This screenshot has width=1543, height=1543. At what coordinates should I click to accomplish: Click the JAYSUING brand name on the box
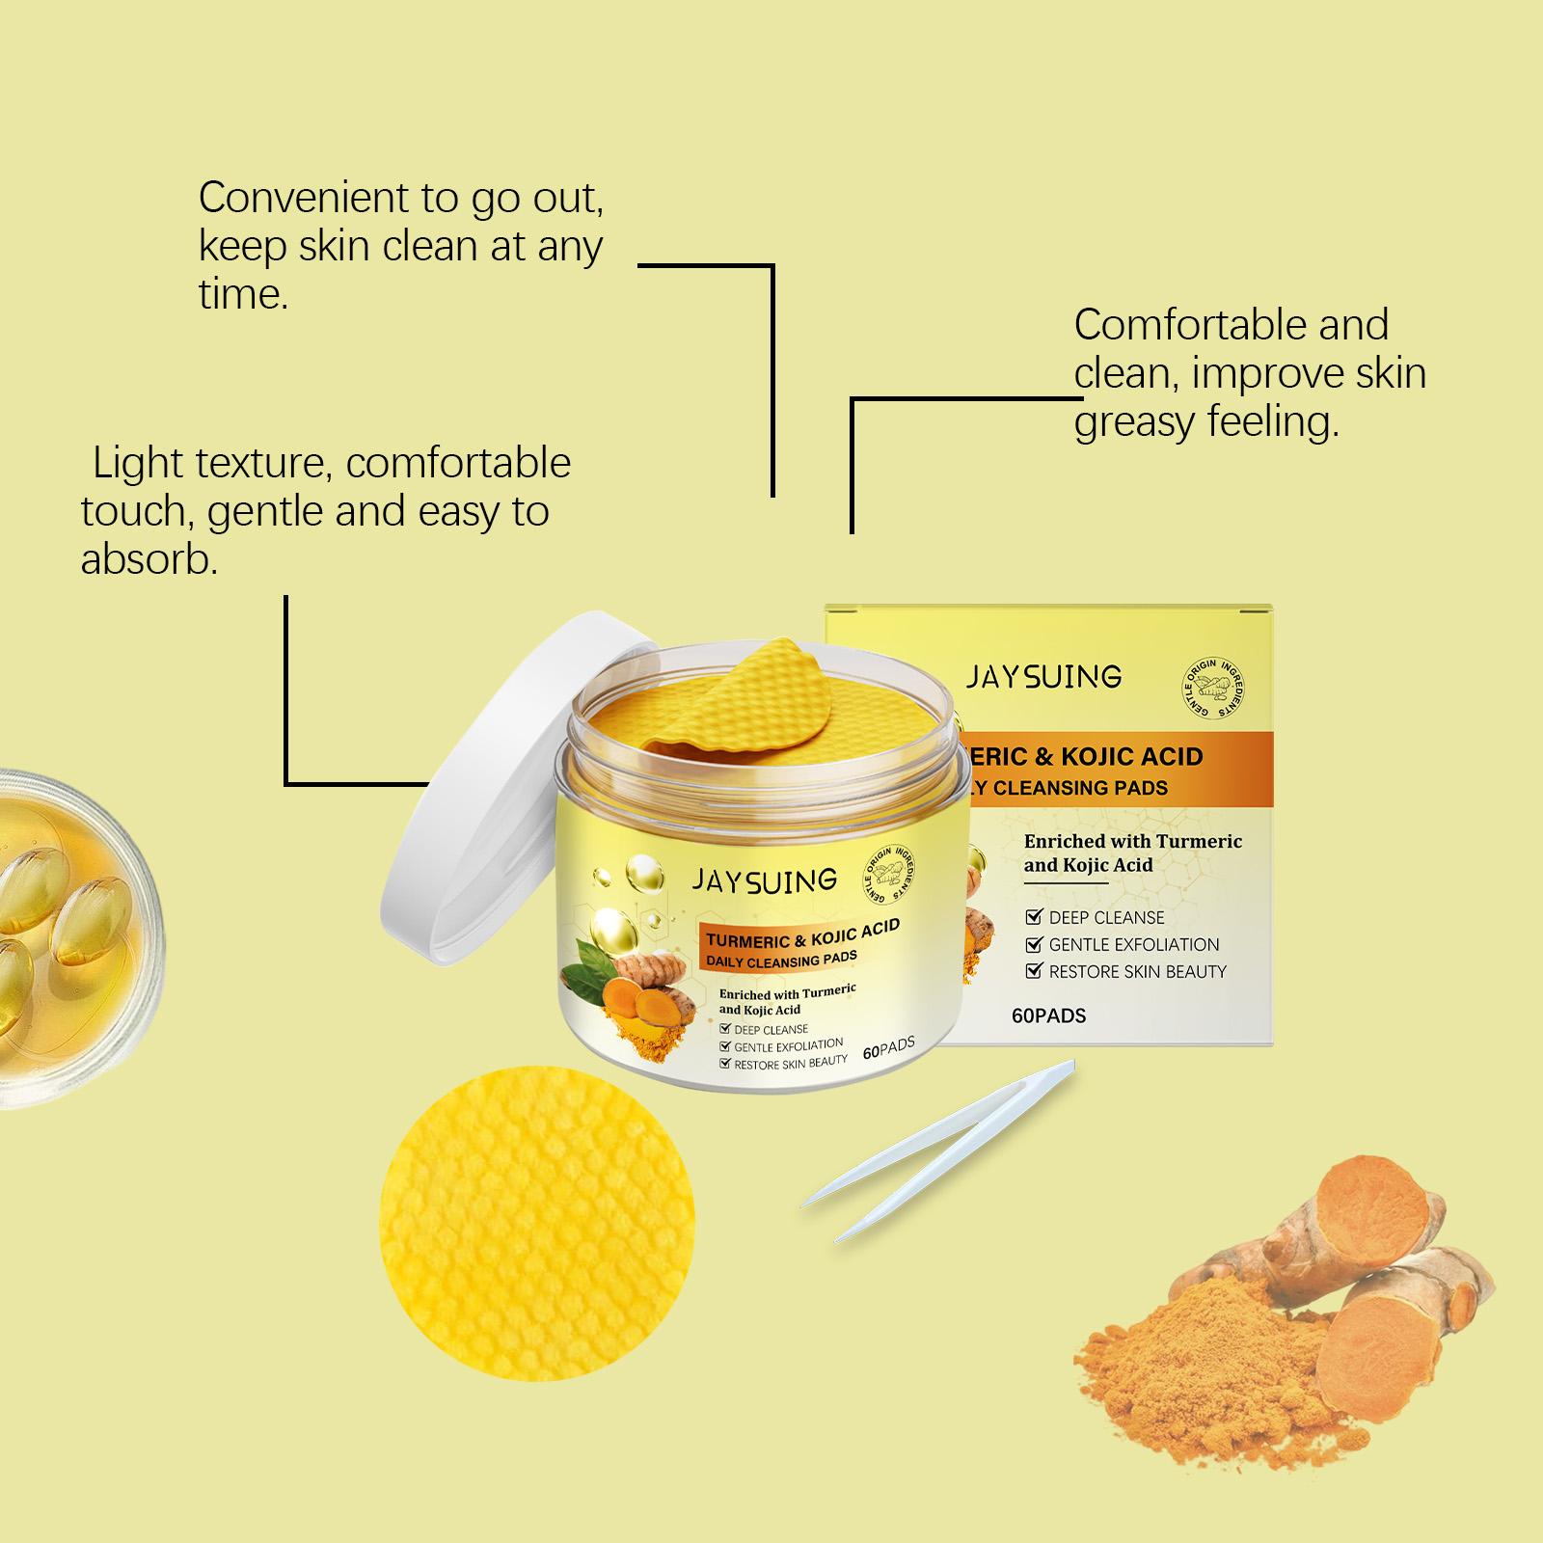[1044, 676]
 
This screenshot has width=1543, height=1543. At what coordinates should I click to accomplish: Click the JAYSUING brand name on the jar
[764, 880]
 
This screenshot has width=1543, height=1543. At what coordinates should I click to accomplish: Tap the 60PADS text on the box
[1049, 1015]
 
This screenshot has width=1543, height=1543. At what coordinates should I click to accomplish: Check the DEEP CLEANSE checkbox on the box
[1034, 917]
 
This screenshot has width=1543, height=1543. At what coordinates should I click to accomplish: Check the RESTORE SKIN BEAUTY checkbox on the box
[1034, 971]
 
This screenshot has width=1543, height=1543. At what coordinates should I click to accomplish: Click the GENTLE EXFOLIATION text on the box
[1134, 944]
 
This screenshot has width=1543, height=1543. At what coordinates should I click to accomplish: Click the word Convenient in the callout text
[304, 198]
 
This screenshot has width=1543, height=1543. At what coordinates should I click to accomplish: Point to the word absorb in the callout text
[149, 558]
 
